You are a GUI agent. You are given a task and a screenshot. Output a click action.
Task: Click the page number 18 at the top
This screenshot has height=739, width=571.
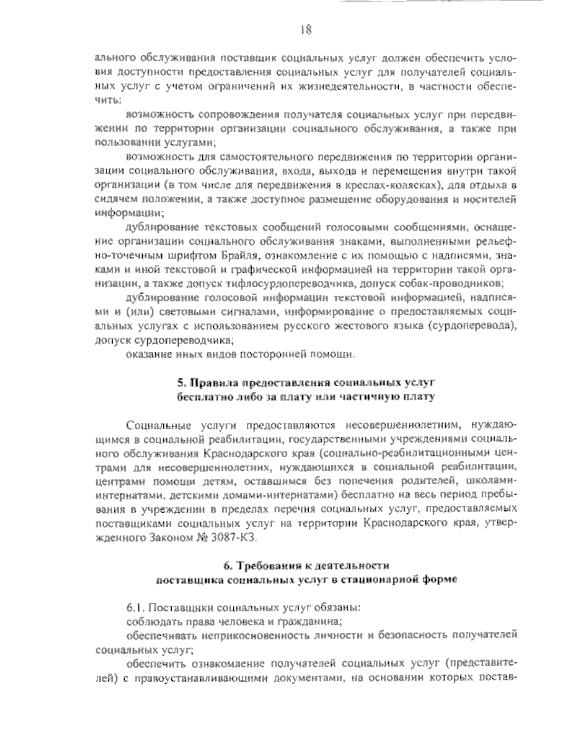(x=306, y=30)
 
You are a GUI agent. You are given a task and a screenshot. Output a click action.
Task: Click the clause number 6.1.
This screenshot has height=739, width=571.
(x=134, y=608)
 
